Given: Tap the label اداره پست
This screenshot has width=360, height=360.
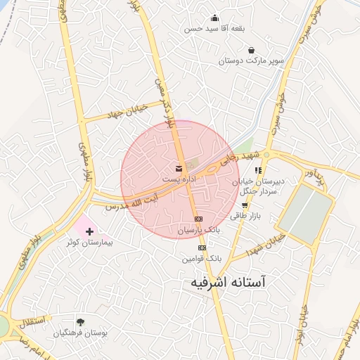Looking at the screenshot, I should click(179, 179).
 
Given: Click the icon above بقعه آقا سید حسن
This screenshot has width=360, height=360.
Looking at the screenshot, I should click(214, 18).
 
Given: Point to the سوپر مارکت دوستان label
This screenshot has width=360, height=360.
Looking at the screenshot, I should click(251, 61).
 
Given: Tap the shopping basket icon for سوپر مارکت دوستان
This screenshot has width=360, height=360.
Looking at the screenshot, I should click(252, 50).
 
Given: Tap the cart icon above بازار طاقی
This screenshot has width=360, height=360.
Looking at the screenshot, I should click(244, 205).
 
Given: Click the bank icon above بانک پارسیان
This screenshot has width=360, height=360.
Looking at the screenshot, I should click(198, 219).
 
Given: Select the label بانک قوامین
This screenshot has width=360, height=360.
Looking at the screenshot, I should click(202, 259).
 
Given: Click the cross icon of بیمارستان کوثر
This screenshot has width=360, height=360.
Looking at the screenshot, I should click(89, 231).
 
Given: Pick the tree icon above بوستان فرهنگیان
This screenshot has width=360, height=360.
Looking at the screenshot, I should click(81, 322).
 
